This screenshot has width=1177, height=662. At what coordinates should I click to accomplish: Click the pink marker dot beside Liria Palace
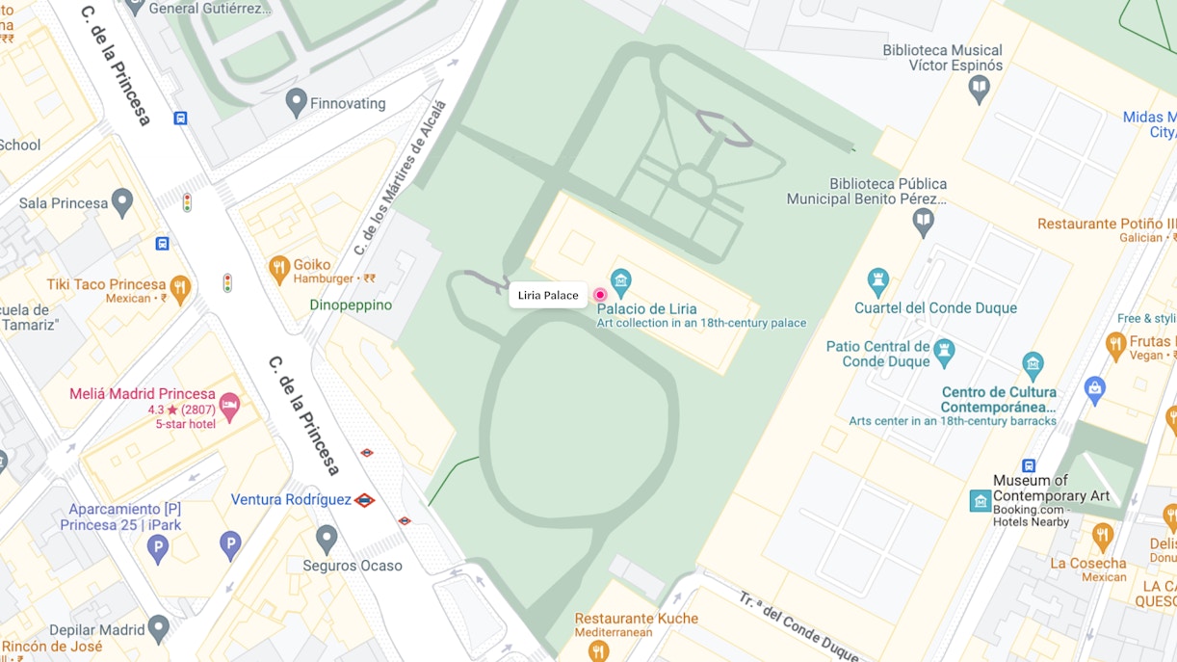(x=600, y=295)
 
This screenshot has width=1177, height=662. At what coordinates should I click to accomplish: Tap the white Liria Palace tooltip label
(x=548, y=295)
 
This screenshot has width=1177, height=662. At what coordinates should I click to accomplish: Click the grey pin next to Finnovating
(x=297, y=102)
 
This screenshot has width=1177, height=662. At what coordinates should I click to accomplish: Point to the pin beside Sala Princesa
(x=121, y=202)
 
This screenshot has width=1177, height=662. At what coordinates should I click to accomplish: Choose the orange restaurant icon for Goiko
(x=279, y=269)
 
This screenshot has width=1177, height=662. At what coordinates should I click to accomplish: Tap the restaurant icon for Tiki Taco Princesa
(x=179, y=288)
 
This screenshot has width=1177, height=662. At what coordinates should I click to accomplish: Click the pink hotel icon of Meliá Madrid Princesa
(x=229, y=407)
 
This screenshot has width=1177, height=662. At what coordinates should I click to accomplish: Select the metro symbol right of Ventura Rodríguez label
(x=364, y=500)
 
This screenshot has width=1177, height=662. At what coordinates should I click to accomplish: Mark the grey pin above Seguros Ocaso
(x=327, y=540)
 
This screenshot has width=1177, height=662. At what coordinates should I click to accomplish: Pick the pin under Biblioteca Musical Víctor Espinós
(x=980, y=90)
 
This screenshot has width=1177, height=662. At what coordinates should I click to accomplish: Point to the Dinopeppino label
(x=351, y=305)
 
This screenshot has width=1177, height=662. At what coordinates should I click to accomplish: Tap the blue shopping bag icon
(x=1094, y=390)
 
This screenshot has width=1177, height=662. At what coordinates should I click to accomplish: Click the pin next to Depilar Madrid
(x=158, y=629)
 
